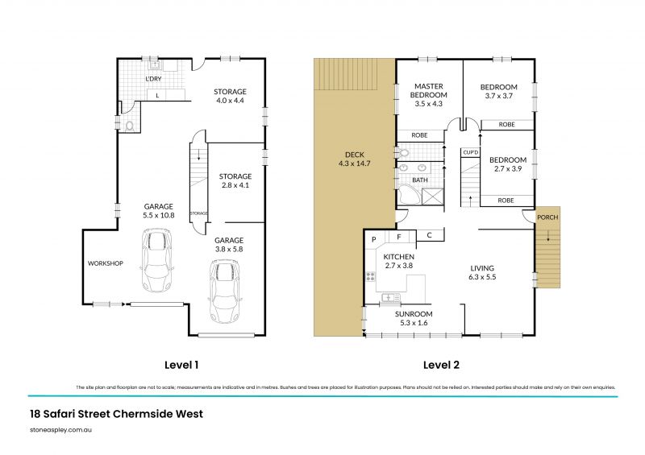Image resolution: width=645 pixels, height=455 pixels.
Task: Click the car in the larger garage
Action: coord(157,261)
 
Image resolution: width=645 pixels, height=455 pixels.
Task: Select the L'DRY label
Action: coord(155,80)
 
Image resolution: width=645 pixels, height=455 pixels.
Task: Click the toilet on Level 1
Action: coord(130,125)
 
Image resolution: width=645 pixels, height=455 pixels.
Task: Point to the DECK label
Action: coord(356,155)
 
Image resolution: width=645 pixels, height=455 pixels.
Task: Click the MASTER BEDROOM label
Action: coord(430,90)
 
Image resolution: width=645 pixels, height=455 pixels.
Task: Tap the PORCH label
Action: coord(547,217)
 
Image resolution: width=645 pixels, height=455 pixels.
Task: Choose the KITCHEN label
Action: coord(398,256)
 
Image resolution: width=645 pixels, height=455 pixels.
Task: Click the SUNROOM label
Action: coord(413,314)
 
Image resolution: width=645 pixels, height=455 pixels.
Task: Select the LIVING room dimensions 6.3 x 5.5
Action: coord(483,278)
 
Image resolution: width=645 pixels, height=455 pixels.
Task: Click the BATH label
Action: coord(419,180)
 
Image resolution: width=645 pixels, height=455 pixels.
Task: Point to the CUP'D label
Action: coord(470,152)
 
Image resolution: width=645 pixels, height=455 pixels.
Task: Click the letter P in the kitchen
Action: coord(374,239)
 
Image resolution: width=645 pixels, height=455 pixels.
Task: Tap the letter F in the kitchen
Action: coord(398,238)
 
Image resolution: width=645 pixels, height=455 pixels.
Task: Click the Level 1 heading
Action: coord(182,364)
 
